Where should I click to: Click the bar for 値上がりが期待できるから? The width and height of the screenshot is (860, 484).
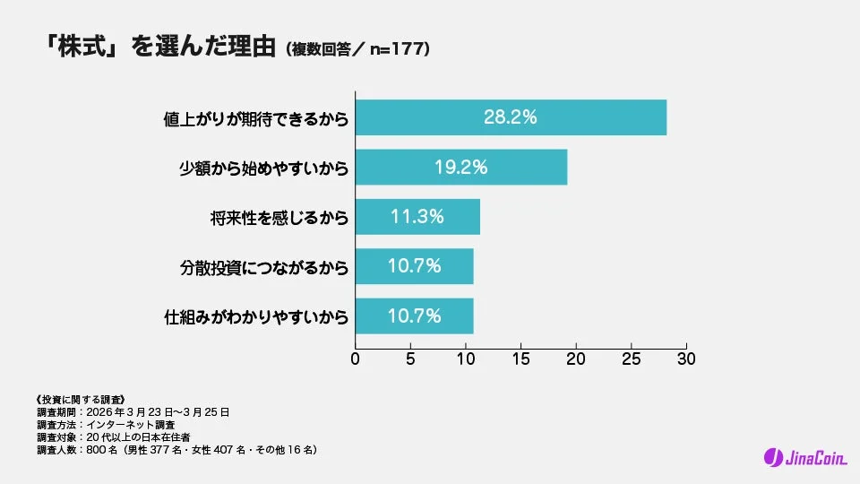(511, 117)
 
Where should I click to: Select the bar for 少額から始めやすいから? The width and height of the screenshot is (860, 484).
(461, 167)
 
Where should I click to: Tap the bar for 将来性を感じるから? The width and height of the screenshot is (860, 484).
(417, 216)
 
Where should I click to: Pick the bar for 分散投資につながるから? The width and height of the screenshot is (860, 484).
(414, 266)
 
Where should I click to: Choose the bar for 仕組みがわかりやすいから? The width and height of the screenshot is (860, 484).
(414, 315)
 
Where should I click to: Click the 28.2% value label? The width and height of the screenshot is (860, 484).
(510, 117)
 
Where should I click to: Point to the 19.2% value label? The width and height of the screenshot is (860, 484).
(460, 167)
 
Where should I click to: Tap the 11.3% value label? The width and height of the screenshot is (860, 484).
(417, 216)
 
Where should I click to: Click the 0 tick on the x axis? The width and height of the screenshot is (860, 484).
(356, 359)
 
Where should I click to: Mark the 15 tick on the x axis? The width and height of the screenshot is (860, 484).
(520, 359)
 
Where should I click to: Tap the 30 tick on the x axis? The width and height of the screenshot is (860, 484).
(686, 359)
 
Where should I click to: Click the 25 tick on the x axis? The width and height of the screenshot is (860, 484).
(632, 359)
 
